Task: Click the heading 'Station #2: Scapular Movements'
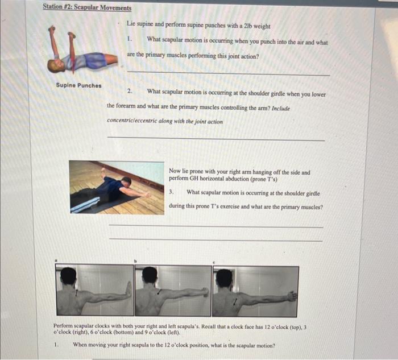point(87,8)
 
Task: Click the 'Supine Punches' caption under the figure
point(78,85)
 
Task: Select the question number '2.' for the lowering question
point(130,91)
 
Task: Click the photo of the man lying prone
point(117,187)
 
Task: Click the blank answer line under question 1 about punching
point(227,74)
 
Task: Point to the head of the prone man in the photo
point(126,181)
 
